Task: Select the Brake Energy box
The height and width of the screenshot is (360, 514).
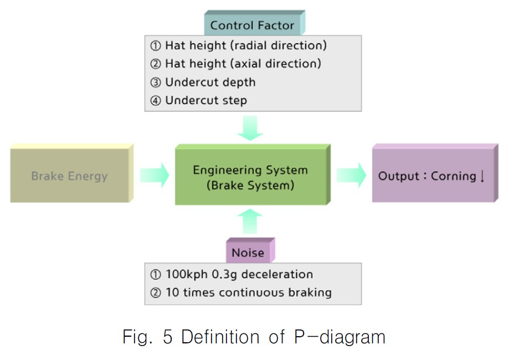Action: pos(70,176)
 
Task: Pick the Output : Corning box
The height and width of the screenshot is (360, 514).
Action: pos(433,176)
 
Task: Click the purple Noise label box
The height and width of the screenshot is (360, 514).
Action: pos(248,253)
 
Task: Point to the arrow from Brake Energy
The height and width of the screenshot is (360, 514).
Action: pos(153,176)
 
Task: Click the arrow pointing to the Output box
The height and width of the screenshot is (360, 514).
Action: pos(351,176)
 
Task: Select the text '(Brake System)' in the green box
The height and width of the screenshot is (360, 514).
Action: pos(250,186)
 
